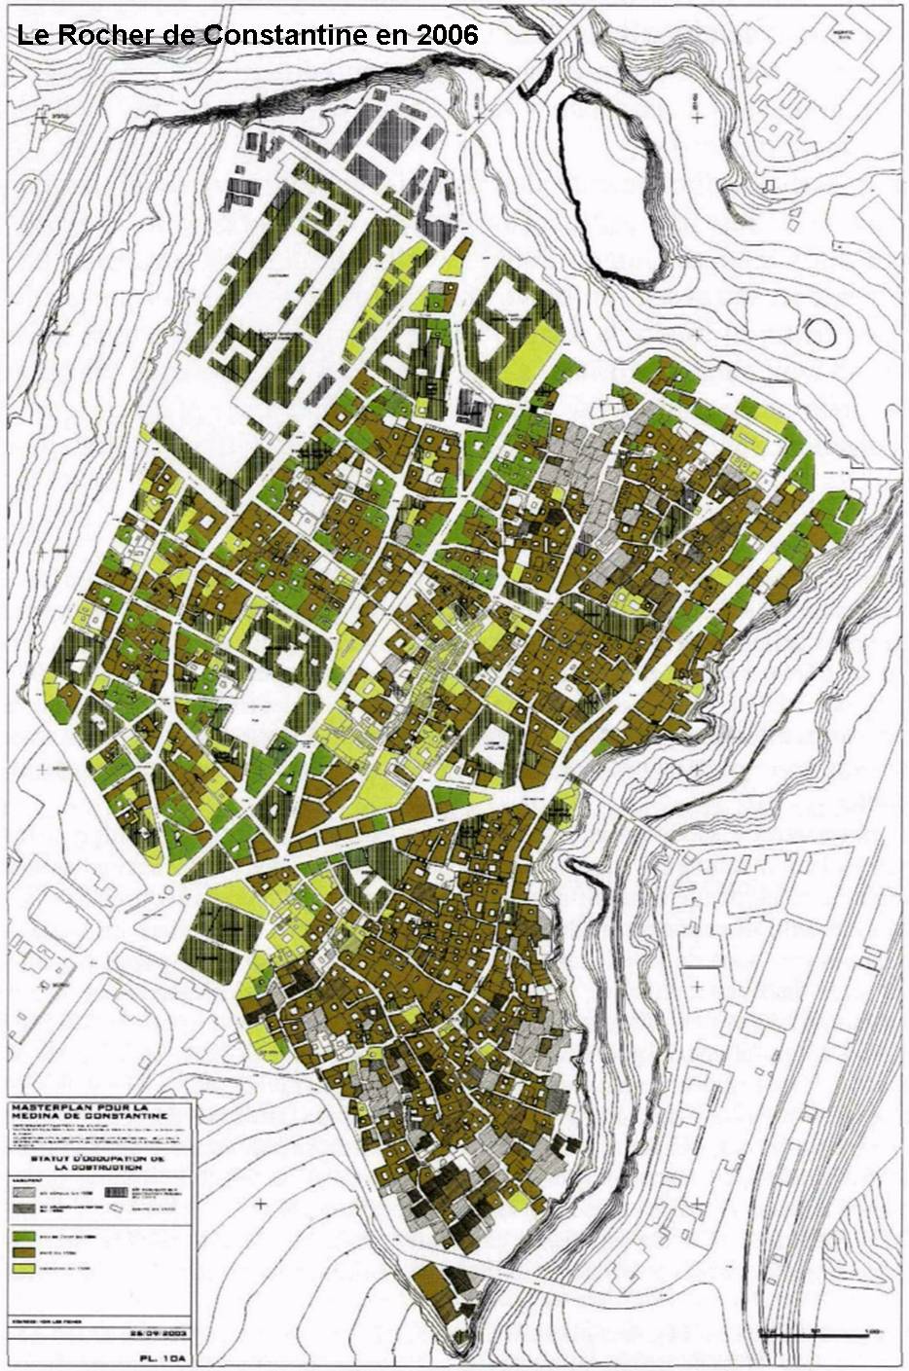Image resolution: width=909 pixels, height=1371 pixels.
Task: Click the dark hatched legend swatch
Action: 117,1191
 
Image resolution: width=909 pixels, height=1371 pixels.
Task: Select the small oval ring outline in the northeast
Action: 819,332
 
